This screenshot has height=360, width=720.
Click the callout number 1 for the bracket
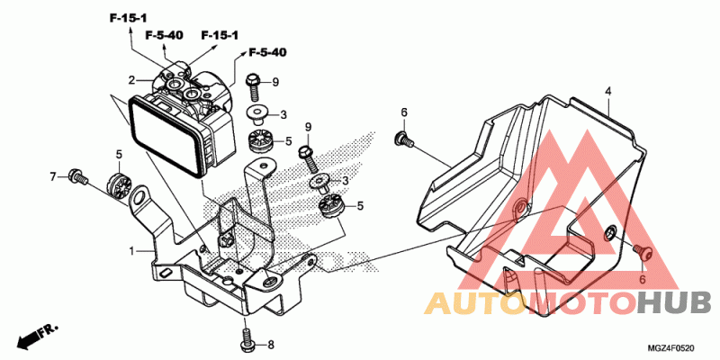(131, 251)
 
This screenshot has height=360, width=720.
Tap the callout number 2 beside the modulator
(131, 80)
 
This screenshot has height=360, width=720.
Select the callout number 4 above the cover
(608, 91)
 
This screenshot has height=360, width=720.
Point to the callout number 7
(53, 175)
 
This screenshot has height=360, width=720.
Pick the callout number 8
(271, 345)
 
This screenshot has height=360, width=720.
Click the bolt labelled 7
(76, 176)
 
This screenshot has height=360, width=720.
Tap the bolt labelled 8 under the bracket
(247, 337)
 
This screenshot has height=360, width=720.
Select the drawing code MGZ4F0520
(671, 348)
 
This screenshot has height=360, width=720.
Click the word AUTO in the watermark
(474, 303)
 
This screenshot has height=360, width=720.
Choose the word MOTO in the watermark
(580, 303)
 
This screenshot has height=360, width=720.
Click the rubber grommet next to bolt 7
(119, 186)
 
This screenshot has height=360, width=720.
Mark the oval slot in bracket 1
(165, 273)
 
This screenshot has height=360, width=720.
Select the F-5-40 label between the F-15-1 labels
(165, 35)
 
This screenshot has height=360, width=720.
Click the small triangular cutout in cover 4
(522, 261)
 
